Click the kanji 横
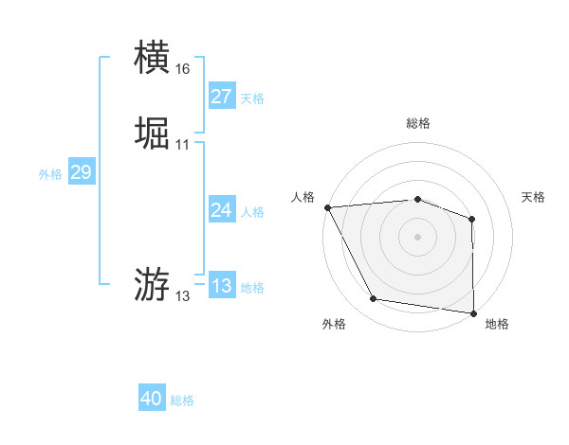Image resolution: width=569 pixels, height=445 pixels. pos(153,58)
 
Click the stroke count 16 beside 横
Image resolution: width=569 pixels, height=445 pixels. pos(182,69)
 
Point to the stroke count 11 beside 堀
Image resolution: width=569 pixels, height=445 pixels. pos(182,145)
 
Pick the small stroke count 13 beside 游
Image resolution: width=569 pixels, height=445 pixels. pos(182,296)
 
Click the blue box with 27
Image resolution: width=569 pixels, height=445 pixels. pos(221,97)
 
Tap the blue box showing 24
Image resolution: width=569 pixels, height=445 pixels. pos(221,210)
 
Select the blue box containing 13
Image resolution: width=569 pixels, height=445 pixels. pos(221,286)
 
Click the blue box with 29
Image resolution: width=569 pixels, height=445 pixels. pos(81,172)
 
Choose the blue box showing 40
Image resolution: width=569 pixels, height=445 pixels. pos(151,400)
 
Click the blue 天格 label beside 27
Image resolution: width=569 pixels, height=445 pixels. pos(252,98)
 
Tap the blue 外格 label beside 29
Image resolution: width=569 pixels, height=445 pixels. pos(50,174)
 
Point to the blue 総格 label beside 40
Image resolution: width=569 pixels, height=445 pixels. pos(182,401)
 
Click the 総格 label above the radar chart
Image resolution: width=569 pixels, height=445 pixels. pos(417,123)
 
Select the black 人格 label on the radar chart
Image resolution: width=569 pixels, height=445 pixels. pos(303,197)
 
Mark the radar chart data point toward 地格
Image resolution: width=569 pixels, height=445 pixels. pos(472,312)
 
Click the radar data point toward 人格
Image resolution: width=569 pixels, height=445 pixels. pos(327,206)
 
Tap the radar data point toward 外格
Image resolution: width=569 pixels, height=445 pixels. pos(374,299)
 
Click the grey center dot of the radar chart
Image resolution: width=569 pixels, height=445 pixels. pos(417,236)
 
